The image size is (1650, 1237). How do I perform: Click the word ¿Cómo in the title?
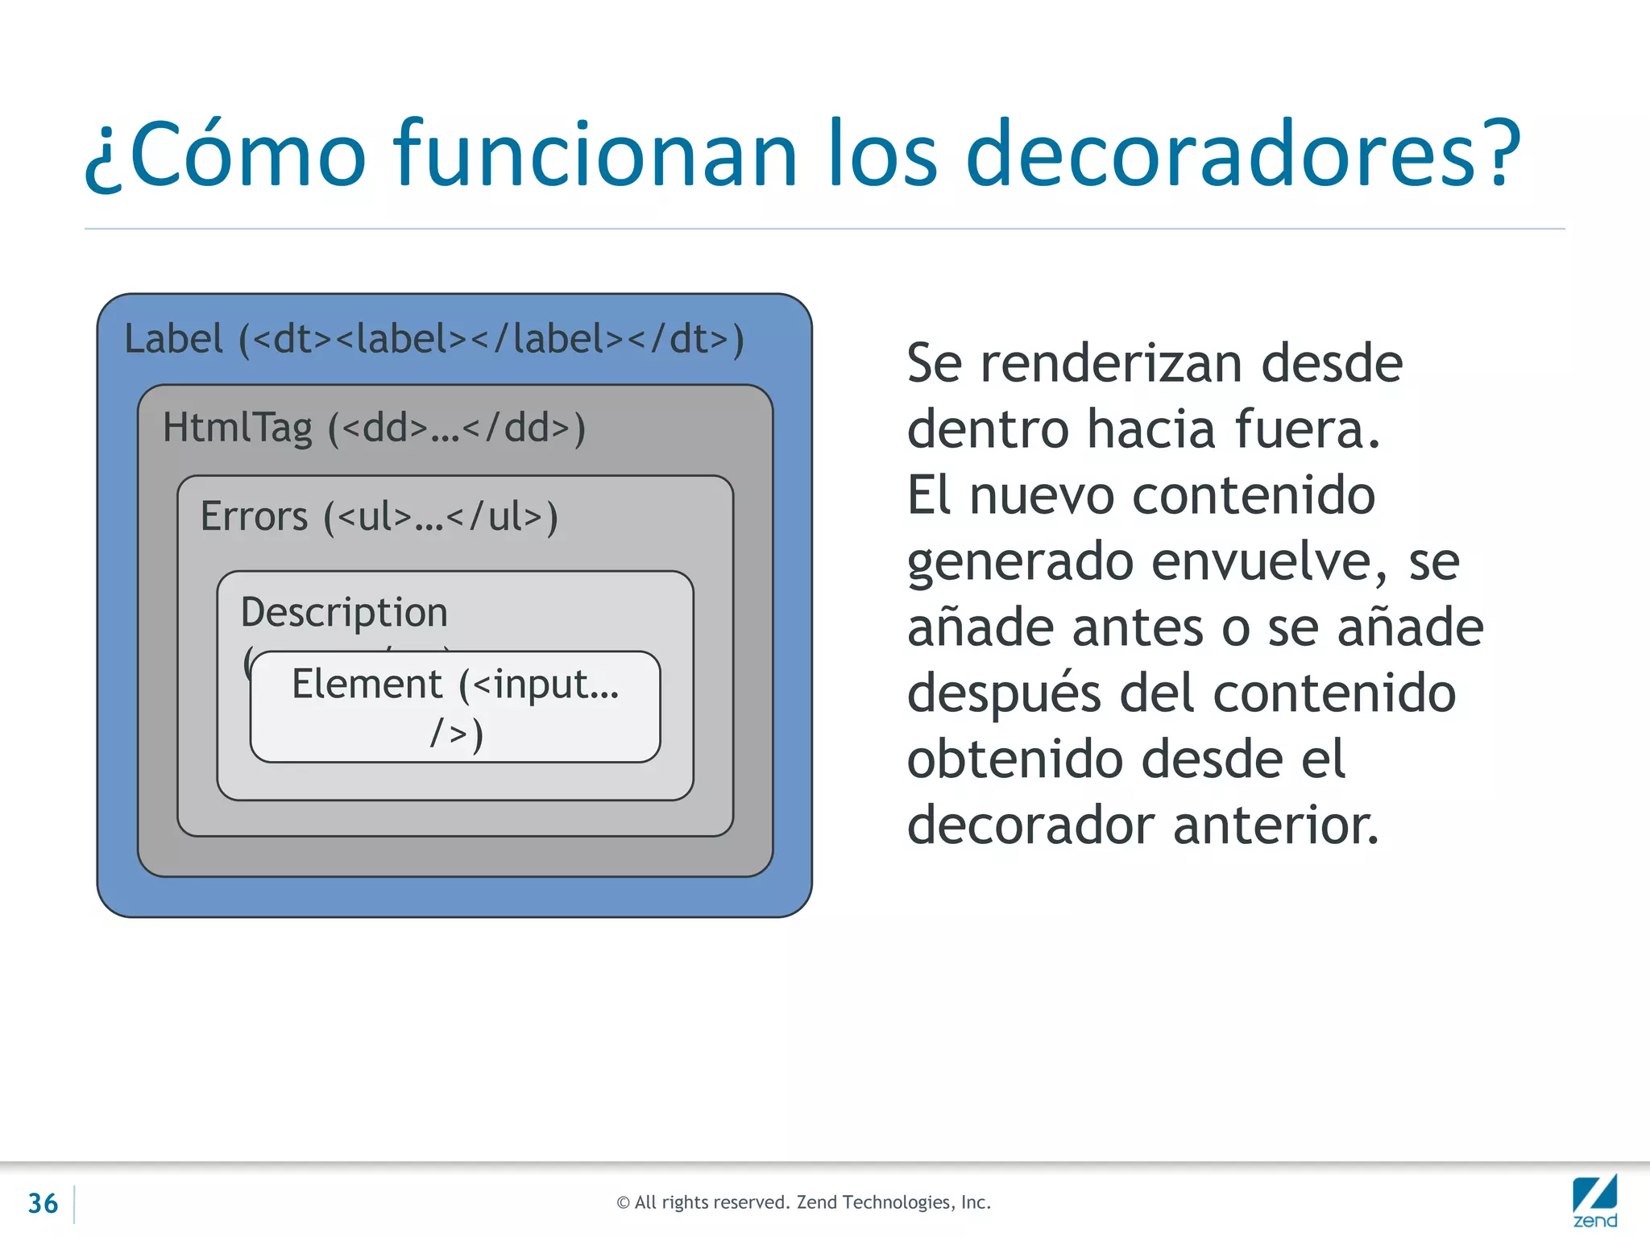click(226, 155)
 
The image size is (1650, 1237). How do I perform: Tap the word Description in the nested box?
click(344, 612)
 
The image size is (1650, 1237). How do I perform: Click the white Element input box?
click(455, 707)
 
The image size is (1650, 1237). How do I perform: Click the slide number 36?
click(43, 1203)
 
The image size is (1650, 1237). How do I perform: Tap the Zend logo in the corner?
click(1594, 1202)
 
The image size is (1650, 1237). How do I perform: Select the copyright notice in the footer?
click(803, 1202)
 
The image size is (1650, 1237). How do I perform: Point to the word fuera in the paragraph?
click(1305, 429)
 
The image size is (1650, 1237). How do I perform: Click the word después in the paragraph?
click(1003, 694)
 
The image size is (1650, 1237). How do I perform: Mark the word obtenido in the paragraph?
click(1015, 760)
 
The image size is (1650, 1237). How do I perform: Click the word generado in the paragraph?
click(1020, 563)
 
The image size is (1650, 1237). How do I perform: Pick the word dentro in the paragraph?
click(988, 429)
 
